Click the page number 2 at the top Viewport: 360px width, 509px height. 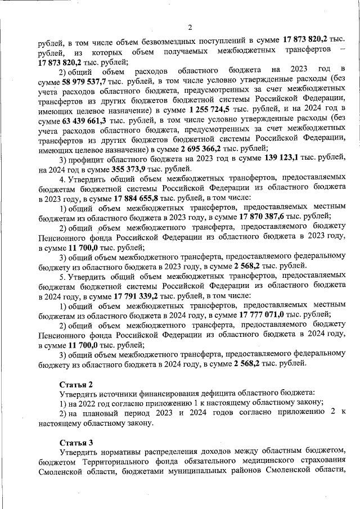click(x=190, y=28)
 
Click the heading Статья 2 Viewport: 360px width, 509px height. click(x=76, y=384)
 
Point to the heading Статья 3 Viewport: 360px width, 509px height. click(x=76, y=442)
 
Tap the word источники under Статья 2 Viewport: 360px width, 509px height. click(x=120, y=393)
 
